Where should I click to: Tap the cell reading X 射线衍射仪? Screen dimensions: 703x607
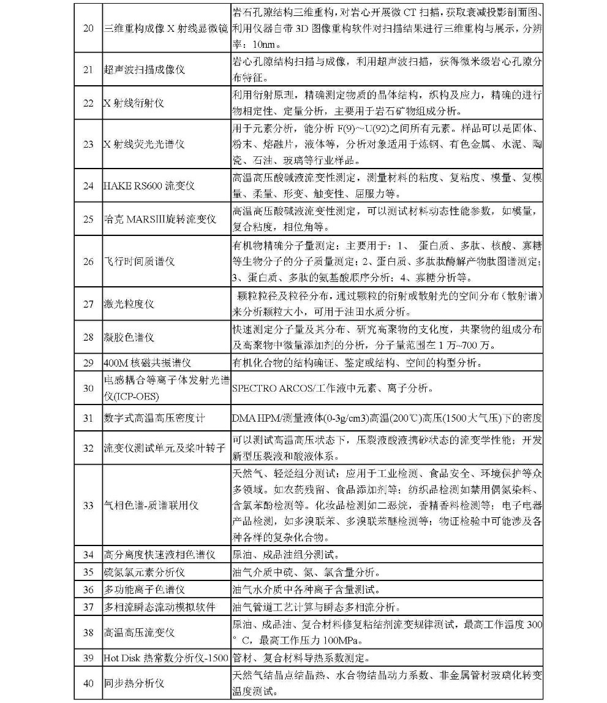[x=134, y=103]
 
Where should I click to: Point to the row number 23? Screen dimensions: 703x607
[x=88, y=144]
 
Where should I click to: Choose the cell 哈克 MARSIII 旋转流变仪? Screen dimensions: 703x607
[x=159, y=219]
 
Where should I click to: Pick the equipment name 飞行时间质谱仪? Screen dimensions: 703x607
[x=139, y=261]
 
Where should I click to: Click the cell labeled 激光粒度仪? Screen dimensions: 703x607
[x=129, y=303]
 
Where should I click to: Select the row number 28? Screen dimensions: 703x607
[x=88, y=337]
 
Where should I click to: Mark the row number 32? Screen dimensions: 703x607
[x=88, y=448]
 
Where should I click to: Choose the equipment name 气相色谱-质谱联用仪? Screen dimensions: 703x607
[x=151, y=506]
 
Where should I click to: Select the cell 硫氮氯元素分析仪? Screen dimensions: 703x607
[x=144, y=572]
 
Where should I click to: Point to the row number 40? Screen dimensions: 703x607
[x=88, y=683]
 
